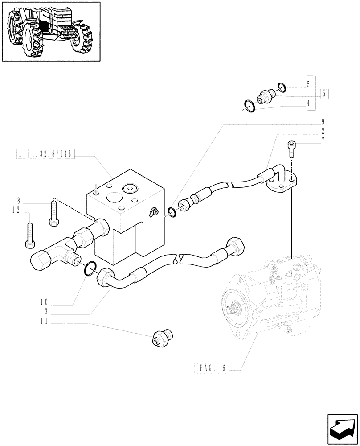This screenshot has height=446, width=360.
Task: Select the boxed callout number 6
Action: [x=324, y=94]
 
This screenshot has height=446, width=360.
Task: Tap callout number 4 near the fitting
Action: [x=308, y=103]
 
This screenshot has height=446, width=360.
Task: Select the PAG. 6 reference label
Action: [x=211, y=368]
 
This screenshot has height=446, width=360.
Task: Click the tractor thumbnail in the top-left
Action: [x=51, y=31]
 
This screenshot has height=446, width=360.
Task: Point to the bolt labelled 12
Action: [x=30, y=234]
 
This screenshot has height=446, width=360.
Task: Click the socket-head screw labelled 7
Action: [x=291, y=149]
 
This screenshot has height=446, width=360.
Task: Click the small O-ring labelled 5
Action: [x=282, y=86]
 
